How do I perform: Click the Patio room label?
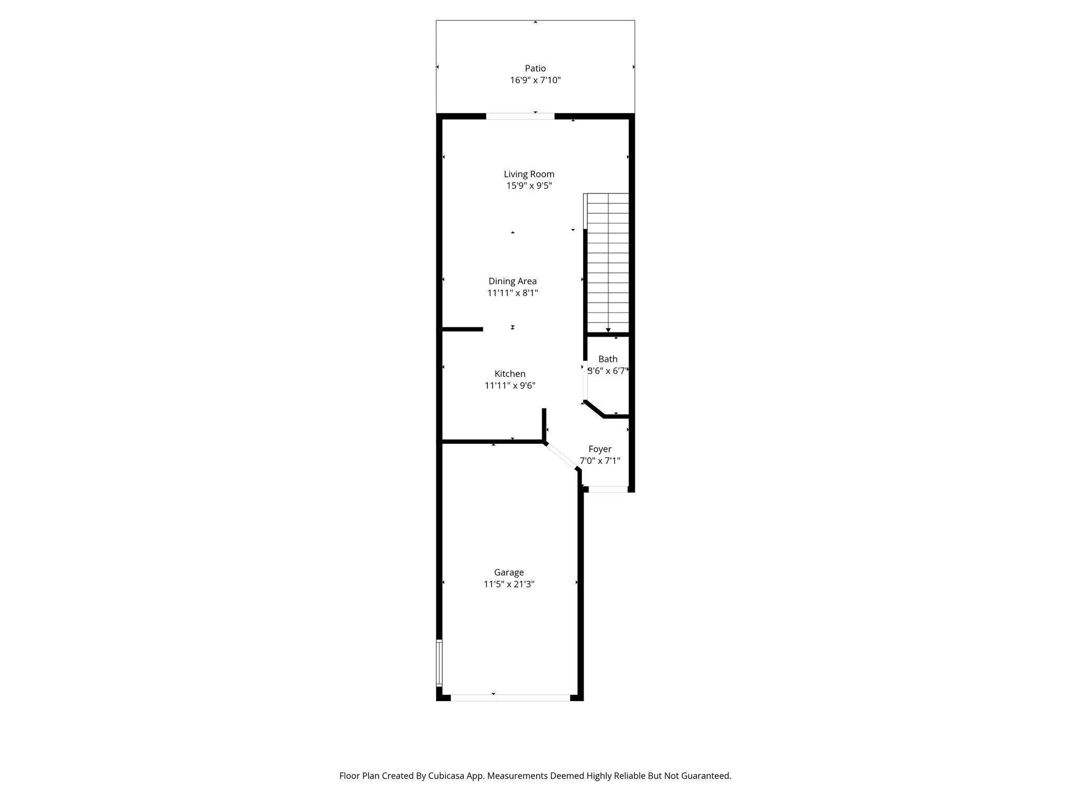[x=535, y=68]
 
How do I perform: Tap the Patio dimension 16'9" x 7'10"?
[x=535, y=80]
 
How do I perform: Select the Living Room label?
[x=529, y=174]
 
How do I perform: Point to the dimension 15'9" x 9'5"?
[x=529, y=186]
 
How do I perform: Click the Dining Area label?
[x=512, y=281]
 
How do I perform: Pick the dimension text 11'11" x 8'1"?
[x=512, y=293]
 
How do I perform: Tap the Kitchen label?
[x=510, y=374]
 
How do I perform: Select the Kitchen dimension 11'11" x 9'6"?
[x=510, y=386]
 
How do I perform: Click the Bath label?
[x=608, y=359]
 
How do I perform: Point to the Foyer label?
[x=600, y=449]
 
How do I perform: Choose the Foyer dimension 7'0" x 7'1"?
[x=600, y=461]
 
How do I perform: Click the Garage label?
[x=509, y=572]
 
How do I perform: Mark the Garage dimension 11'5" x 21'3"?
[x=509, y=584]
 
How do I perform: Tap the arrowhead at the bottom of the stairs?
[x=608, y=330]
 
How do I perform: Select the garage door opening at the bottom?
[x=510, y=697]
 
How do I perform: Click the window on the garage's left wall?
[x=439, y=662]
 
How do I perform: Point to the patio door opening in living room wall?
[x=520, y=116]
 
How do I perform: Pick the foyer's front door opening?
[x=608, y=489]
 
